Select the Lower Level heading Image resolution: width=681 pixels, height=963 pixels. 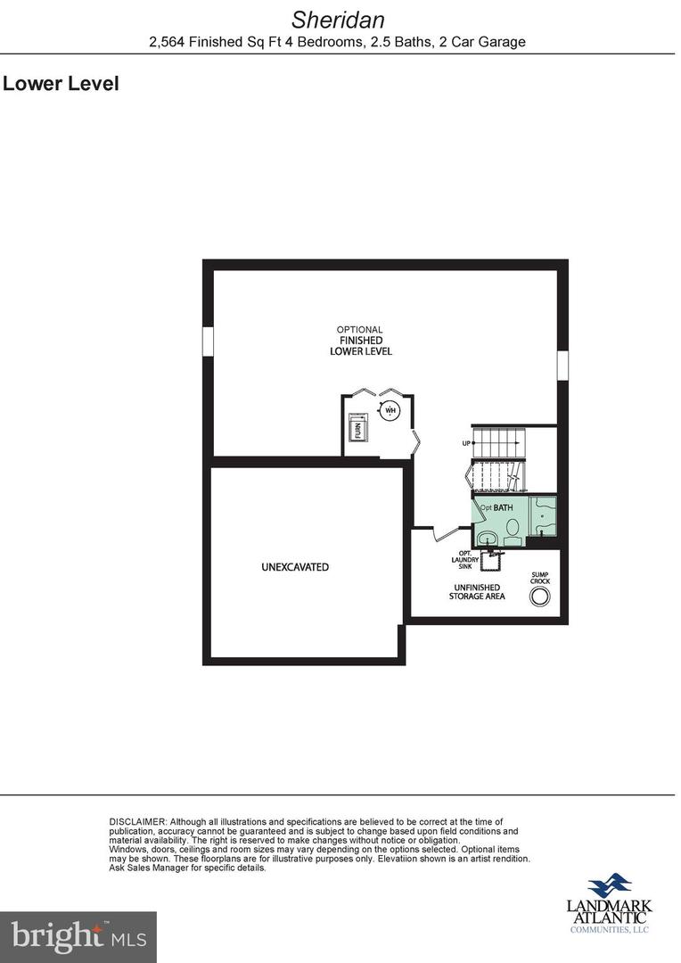pos(61,85)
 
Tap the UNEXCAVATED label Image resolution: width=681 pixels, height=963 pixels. pos(295,567)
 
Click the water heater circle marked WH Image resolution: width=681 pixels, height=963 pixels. pos(390,410)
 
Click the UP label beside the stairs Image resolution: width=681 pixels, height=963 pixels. pos(465,443)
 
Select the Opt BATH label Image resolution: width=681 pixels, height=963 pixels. pos(496,507)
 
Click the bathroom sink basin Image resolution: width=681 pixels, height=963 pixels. pos(487,537)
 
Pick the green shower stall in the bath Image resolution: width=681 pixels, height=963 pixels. pos(544,516)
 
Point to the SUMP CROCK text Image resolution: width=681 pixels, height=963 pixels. pos(540,578)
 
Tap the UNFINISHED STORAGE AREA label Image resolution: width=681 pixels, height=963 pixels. pos(477,591)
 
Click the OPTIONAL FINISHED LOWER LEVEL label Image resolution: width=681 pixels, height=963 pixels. pos(360,341)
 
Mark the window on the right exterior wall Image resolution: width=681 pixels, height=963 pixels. pos(562,365)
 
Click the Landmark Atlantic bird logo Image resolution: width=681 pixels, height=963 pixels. pos(611,886)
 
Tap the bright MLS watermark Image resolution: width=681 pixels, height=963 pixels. pos(78,936)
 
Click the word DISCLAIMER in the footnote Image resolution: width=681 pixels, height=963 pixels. pos(137,821)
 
